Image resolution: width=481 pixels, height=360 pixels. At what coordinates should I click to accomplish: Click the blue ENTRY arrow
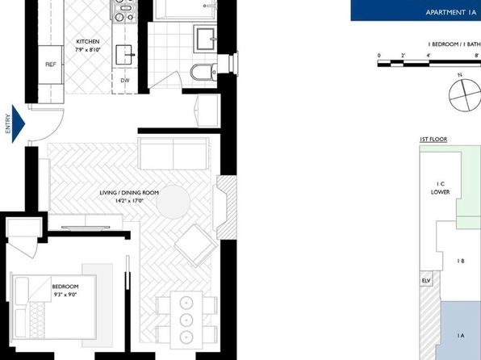point(18,123)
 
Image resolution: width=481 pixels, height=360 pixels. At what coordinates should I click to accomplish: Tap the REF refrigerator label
point(51,65)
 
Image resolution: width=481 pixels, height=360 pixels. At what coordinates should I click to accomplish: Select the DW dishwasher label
point(125,81)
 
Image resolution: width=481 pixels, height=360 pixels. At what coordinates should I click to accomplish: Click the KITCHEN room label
point(88,42)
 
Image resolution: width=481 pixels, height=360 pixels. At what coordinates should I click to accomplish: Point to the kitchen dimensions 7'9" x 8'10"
point(88,50)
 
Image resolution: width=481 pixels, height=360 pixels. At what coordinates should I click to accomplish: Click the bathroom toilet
point(203,73)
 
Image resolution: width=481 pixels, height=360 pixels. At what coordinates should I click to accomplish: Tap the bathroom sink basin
point(205,39)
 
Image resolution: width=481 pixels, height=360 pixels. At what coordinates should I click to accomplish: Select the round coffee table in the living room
point(174,202)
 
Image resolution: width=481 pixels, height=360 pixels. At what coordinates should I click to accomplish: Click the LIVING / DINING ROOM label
point(129,193)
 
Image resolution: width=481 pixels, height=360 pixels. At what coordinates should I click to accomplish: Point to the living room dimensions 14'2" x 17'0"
point(129,201)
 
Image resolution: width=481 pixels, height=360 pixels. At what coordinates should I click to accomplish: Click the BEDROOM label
point(65,287)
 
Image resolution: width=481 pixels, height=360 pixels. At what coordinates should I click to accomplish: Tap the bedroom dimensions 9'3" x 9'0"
point(65,295)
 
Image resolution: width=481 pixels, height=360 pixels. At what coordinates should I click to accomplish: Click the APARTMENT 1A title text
point(451,13)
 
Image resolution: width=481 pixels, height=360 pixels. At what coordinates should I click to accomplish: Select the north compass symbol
point(465,94)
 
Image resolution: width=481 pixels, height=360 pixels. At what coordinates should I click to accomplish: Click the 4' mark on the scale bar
point(429,56)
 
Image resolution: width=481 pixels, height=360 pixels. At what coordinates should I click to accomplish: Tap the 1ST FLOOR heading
point(433,140)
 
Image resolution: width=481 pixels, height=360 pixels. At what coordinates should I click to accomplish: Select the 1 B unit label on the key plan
point(461,262)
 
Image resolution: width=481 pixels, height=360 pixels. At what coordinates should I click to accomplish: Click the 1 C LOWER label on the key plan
point(440,188)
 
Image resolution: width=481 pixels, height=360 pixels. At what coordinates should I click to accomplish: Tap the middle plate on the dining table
point(186,320)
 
